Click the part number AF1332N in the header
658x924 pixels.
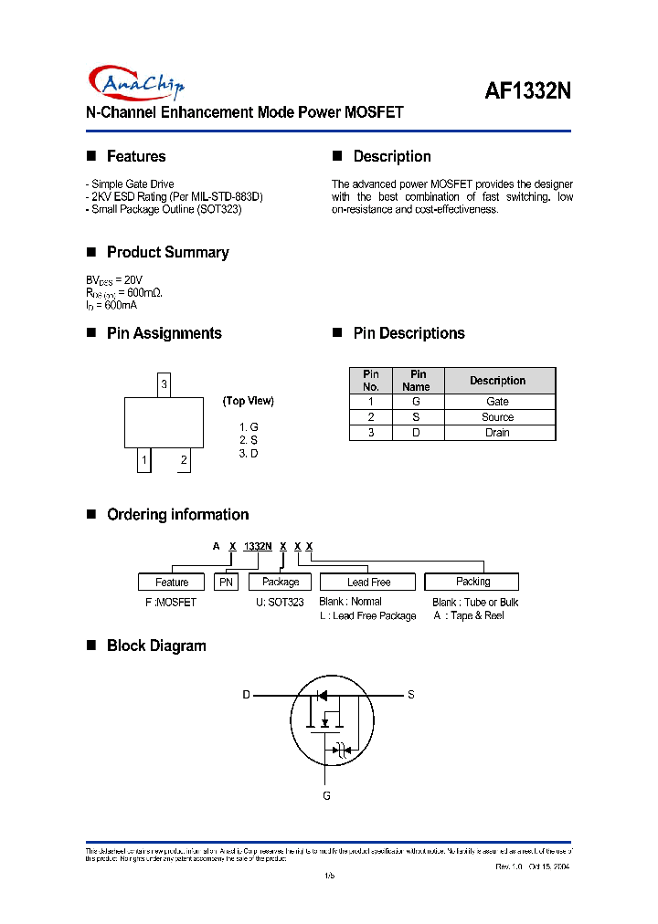(x=527, y=91)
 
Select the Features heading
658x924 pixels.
(x=135, y=157)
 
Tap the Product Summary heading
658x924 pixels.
(x=167, y=253)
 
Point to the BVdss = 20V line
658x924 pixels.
(x=114, y=278)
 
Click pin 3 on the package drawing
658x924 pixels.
(x=164, y=384)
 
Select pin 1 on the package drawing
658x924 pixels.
(x=143, y=460)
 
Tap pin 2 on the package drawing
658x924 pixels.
(x=184, y=460)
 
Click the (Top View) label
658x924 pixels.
(x=248, y=401)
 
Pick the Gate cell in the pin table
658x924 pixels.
(x=497, y=402)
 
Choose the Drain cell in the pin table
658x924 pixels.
(x=497, y=433)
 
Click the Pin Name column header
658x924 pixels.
(x=417, y=381)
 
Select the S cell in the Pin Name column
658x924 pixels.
(x=417, y=417)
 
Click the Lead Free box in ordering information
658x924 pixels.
(x=367, y=583)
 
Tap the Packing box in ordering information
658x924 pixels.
(x=472, y=582)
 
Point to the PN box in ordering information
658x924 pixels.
(x=226, y=583)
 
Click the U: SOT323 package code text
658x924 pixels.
(x=280, y=603)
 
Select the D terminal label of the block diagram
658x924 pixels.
(x=246, y=695)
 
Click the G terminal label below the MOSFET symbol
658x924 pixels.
(x=326, y=796)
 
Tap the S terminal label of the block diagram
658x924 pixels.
(x=411, y=695)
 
